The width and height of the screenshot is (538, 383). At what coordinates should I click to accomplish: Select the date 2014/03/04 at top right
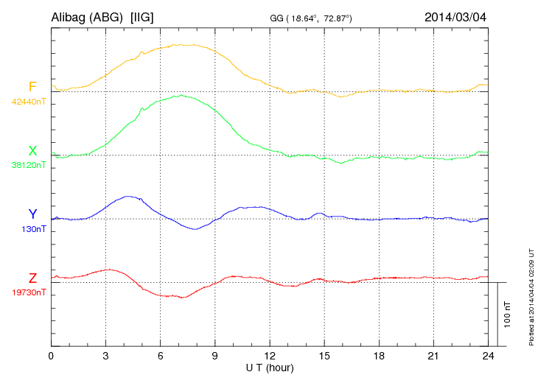click(x=456, y=15)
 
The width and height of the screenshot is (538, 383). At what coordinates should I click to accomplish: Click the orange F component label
click(x=32, y=87)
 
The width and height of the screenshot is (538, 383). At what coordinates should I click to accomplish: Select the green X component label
click(x=32, y=151)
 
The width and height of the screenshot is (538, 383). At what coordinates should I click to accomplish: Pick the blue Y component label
click(x=32, y=214)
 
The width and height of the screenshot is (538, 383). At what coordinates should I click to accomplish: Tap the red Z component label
click(x=32, y=278)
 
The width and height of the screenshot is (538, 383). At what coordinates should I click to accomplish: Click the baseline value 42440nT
click(x=29, y=102)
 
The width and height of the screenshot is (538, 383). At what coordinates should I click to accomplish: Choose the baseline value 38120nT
click(x=29, y=166)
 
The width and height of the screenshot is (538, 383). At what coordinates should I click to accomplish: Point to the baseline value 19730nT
click(x=29, y=292)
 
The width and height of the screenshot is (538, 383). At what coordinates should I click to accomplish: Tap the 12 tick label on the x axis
click(x=270, y=356)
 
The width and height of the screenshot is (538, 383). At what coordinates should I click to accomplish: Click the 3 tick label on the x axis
click(x=105, y=356)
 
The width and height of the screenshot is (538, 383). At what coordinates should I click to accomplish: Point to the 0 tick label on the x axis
click(x=51, y=356)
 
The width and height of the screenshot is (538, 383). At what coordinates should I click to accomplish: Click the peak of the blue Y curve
click(x=130, y=197)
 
